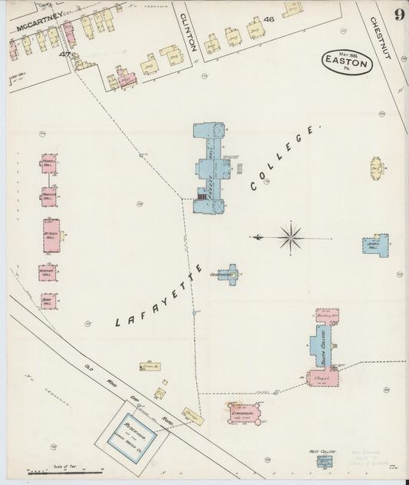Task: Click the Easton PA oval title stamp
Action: point(347,62)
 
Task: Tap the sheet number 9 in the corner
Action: point(399,15)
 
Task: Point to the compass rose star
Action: point(291,237)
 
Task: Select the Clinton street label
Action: point(190,33)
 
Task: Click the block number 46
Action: point(269,18)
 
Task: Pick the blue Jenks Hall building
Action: point(375,245)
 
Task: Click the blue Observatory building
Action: point(229,273)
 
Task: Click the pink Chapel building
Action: point(323,377)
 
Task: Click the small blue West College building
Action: point(325,460)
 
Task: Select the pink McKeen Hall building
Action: point(51,236)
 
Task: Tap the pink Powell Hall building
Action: point(48,163)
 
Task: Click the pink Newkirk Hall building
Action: point(48,272)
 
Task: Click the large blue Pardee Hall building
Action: point(209,167)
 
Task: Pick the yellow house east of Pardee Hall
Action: point(377,167)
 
